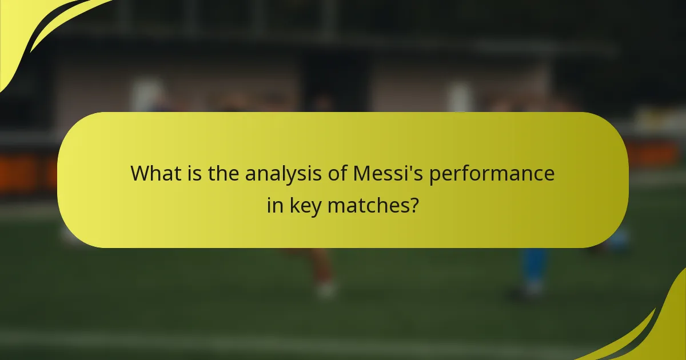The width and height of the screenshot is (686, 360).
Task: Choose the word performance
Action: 492,174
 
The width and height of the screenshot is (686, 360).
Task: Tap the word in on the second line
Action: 275,205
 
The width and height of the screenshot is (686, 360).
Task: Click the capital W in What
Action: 141,173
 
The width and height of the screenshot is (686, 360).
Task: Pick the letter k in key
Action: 293,205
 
